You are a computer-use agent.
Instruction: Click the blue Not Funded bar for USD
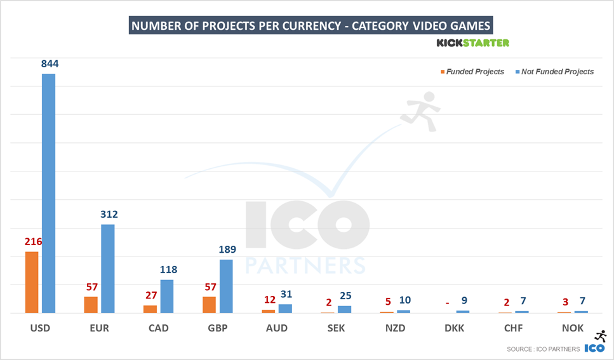[x=48, y=193]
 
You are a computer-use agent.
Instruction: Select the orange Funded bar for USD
[x=32, y=282]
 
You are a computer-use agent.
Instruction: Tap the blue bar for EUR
[x=108, y=269]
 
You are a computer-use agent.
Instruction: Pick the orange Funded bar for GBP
[x=209, y=304]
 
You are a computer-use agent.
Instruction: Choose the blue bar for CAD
[x=167, y=296]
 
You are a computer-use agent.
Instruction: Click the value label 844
[x=49, y=63]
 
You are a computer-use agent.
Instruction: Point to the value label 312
[x=108, y=214]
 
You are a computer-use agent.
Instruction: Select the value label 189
[x=226, y=249]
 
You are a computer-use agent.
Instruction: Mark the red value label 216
[x=32, y=241]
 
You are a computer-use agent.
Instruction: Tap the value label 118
[x=168, y=269]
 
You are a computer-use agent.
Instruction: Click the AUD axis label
[x=277, y=328]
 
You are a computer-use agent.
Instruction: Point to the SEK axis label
[x=336, y=328]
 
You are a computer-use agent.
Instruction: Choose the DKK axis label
[x=454, y=328]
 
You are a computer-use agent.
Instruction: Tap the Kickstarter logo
[x=472, y=43]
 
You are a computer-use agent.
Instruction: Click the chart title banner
[x=311, y=25]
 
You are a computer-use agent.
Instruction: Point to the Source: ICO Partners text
[x=543, y=349]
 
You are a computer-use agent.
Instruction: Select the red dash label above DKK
[x=448, y=303]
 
